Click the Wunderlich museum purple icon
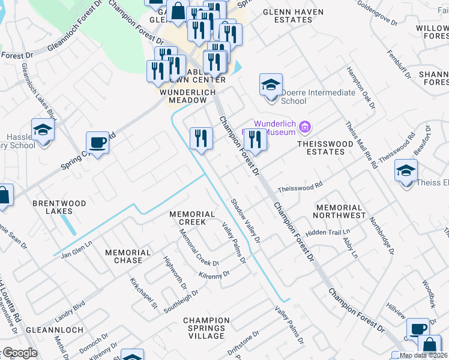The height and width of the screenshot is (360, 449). click(305, 127)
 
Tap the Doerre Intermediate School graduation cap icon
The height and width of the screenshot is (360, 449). click(271, 85)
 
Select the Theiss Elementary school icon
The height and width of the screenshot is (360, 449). click(406, 170)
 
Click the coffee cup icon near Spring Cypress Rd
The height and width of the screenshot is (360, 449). click(97, 143)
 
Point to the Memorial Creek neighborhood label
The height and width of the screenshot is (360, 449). click(192, 218)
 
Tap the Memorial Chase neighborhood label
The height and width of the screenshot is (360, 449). click(128, 256)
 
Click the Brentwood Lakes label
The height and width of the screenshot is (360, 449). click(59, 207)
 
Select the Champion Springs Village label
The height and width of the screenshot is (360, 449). click(206, 328)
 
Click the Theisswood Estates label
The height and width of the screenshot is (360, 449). click(321, 148)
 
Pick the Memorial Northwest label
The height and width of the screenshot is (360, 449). click(339, 211)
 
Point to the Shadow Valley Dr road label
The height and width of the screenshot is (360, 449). click(246, 221)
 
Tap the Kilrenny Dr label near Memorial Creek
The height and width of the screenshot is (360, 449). click(214, 274)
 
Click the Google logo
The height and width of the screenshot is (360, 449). click(19, 353)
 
